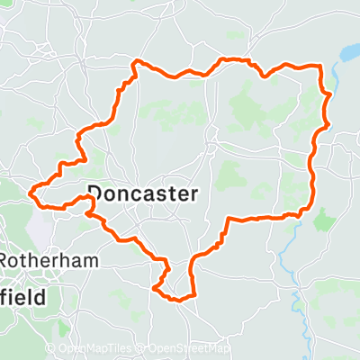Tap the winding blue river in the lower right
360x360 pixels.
(286, 261)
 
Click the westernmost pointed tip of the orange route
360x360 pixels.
(32, 191)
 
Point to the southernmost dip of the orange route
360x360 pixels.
(178, 299)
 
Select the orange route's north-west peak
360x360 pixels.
(135, 61)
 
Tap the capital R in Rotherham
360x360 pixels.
(4, 260)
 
